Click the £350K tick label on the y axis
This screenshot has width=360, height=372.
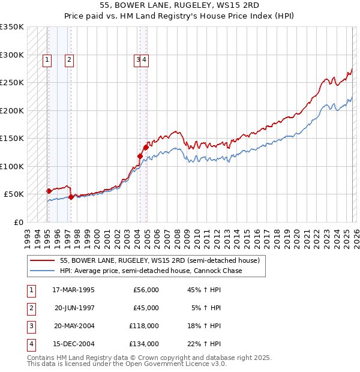pyautogui.click(x=12, y=27)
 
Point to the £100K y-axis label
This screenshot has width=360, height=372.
pyautogui.click(x=12, y=166)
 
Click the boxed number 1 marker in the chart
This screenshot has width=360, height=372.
pyautogui.click(x=47, y=59)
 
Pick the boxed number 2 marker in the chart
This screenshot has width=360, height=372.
pyautogui.click(x=70, y=59)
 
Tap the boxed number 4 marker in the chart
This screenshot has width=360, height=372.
pyautogui.click(x=145, y=59)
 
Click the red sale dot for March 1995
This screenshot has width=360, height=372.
pyautogui.click(x=49, y=191)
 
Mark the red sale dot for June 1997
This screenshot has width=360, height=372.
pyautogui.click(x=71, y=197)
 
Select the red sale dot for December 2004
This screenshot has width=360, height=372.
pyautogui.click(x=146, y=147)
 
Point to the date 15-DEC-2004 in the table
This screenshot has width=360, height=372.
pyautogui.click(x=73, y=344)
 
